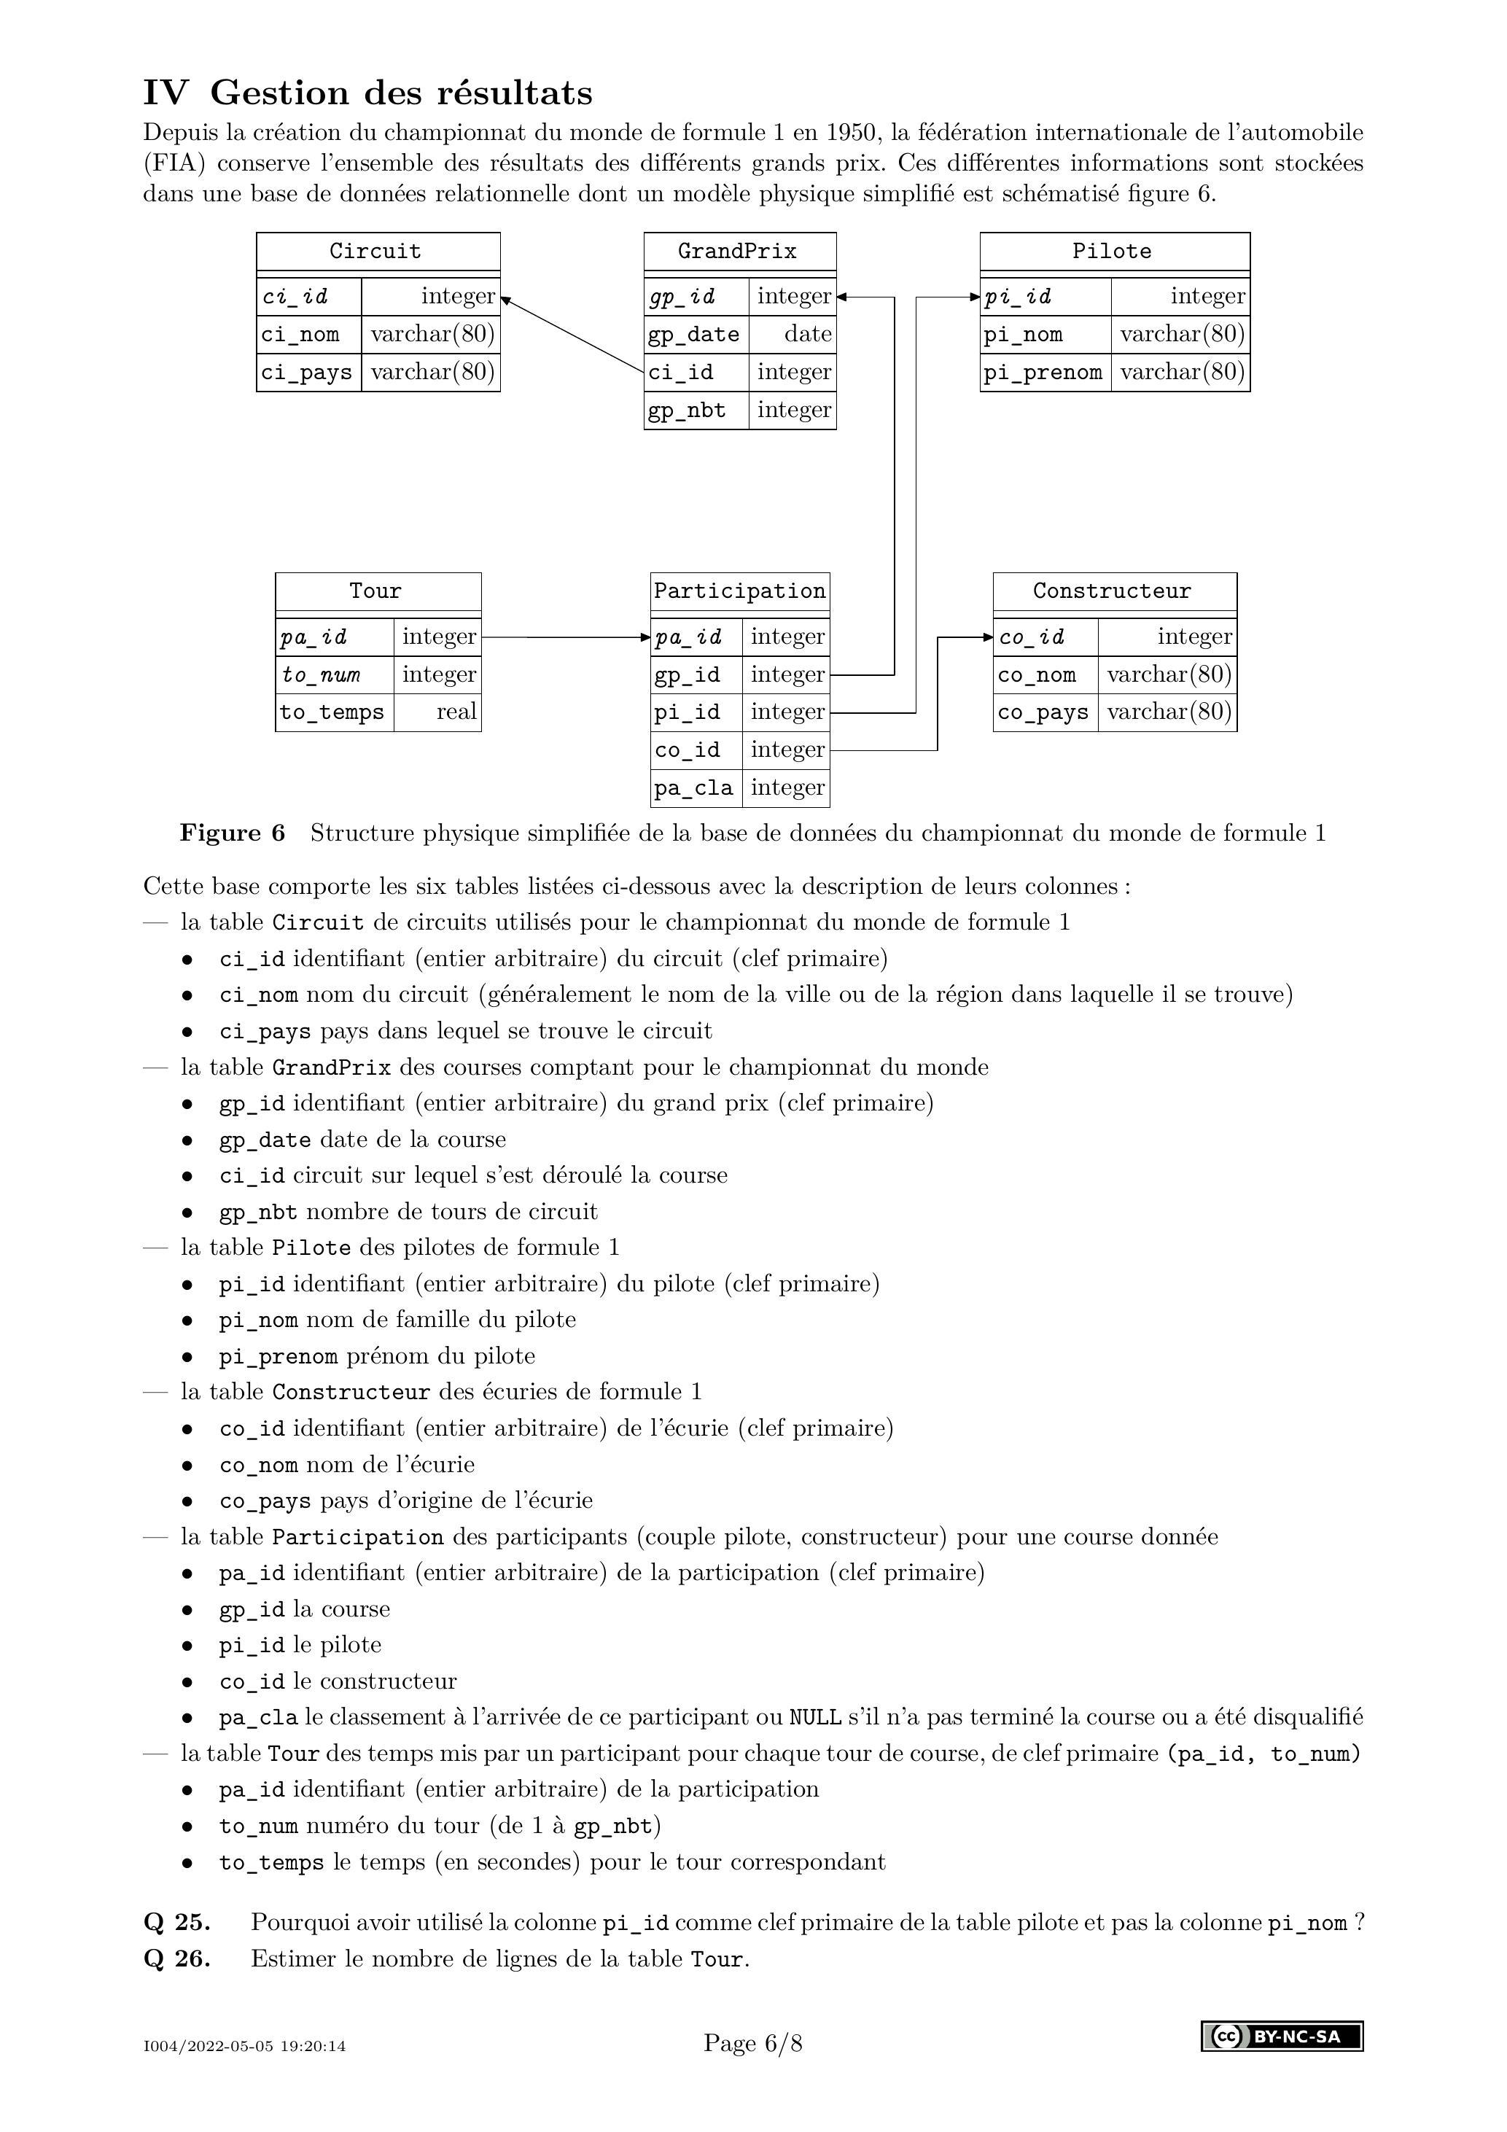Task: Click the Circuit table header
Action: pyautogui.click(x=376, y=252)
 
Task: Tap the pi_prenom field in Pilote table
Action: pyautogui.click(x=1043, y=373)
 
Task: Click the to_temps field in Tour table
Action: pyautogui.click(x=332, y=712)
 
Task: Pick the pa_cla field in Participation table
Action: pyautogui.click(x=693, y=788)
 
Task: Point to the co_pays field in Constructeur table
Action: pyautogui.click(x=1043, y=712)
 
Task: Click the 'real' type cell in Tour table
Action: pyautogui.click(x=456, y=712)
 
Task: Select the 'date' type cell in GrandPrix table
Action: pyautogui.click(x=807, y=334)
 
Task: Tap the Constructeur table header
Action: pyautogui.click(x=1113, y=591)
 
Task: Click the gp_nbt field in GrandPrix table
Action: pyautogui.click(x=687, y=411)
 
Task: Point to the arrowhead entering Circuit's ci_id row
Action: pyautogui.click(x=506, y=299)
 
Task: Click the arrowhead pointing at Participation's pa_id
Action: pyautogui.click(x=645, y=637)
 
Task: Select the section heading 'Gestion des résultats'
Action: pyautogui.click(x=401, y=93)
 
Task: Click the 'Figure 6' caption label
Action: pyautogui.click(x=232, y=833)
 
